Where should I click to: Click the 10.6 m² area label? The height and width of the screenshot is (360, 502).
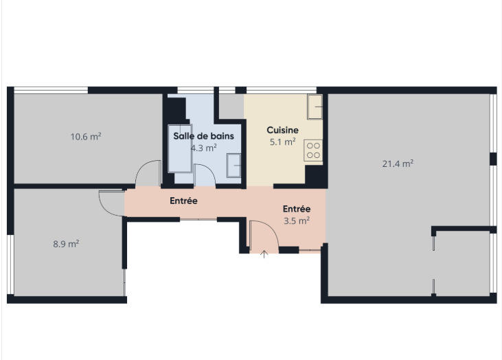(86, 136)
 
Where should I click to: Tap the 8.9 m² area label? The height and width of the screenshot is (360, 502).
(66, 243)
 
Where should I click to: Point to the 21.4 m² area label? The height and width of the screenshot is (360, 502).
(398, 164)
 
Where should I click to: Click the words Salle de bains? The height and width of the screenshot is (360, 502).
(203, 136)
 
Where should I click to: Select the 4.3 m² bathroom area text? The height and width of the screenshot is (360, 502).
(203, 147)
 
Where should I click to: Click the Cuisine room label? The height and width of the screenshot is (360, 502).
(282, 130)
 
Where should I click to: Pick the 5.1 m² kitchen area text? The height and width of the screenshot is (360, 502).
(282, 142)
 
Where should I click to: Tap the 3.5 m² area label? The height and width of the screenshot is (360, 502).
(297, 221)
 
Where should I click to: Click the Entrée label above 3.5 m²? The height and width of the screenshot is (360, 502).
(297, 209)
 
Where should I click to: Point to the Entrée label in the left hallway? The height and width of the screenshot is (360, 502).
(184, 201)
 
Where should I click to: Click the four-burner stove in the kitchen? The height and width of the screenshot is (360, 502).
(314, 150)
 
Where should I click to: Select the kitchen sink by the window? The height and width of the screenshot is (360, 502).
(315, 105)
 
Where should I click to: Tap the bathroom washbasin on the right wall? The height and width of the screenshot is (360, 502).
(233, 165)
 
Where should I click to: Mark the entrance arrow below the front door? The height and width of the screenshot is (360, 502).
(264, 256)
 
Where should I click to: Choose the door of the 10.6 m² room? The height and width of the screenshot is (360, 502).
(148, 173)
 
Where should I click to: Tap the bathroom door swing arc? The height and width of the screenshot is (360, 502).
(205, 174)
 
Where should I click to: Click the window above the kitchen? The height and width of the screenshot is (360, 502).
(281, 89)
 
